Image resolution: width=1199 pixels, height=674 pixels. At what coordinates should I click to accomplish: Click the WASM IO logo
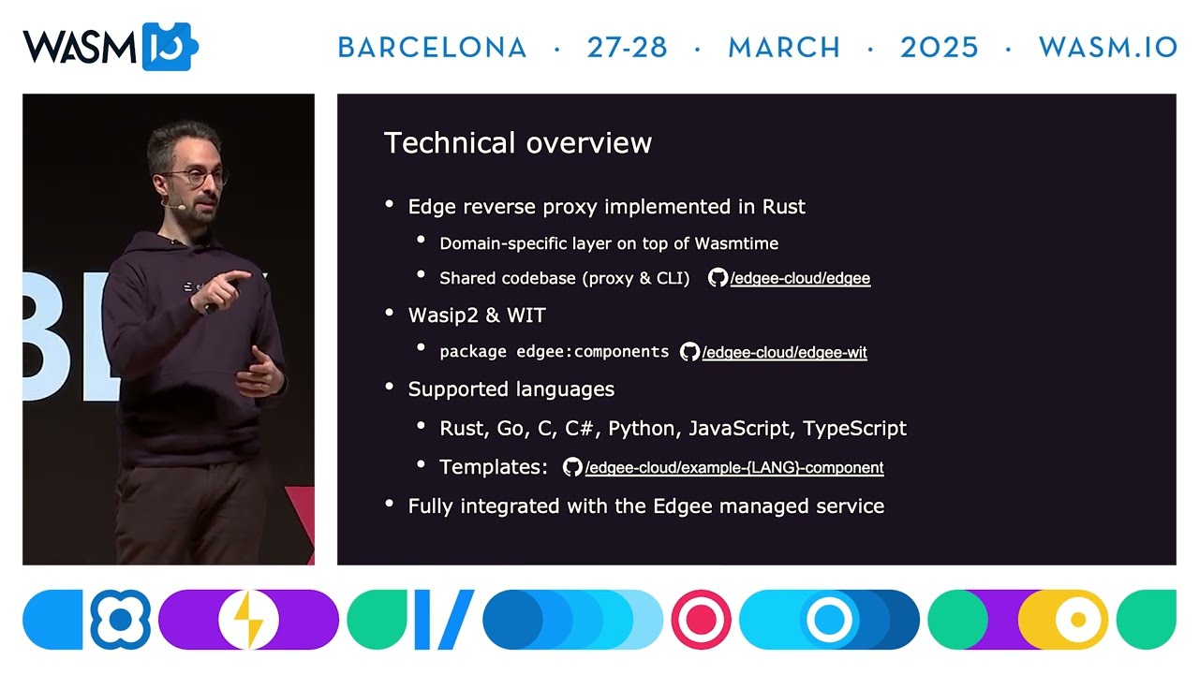pos(110,47)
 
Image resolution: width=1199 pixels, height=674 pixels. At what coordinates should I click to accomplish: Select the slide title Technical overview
pos(517,143)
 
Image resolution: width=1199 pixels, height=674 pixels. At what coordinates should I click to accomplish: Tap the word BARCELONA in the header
pos(432,48)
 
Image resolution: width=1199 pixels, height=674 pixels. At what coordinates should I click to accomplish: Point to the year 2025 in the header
pos(939,48)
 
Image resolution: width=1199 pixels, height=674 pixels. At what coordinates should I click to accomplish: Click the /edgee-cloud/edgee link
pos(800,278)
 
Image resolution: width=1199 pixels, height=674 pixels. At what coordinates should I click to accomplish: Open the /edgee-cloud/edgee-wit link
pos(784,353)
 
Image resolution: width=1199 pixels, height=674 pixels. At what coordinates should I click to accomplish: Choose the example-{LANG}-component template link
pos(733,467)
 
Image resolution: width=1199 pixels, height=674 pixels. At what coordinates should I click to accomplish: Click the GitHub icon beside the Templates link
pos(572,467)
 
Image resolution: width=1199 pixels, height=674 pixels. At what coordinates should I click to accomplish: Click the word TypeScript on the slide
pos(854,429)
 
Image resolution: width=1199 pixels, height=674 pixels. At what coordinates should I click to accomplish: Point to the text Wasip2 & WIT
pos(477,315)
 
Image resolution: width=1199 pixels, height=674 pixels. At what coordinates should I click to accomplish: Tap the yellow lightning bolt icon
pos(248,620)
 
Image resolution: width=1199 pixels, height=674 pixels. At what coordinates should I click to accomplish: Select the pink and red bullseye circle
pos(701,620)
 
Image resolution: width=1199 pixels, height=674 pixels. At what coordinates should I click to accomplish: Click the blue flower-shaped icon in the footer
pos(120,620)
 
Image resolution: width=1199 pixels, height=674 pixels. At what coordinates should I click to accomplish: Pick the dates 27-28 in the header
pos(627,48)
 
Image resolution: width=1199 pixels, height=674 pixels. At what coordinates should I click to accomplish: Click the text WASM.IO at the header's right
pos(1107,48)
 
